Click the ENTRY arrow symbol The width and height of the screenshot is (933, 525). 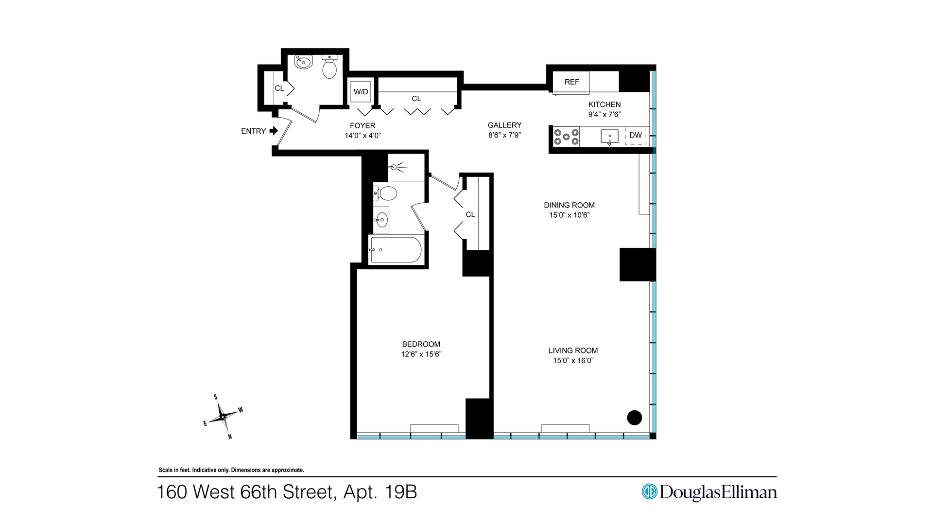(274, 131)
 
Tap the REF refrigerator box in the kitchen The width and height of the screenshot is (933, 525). (571, 82)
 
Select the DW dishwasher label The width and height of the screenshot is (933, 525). (636, 135)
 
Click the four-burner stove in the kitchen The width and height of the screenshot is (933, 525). (567, 137)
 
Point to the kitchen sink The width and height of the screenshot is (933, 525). (609, 136)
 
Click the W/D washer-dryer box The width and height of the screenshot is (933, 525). (361, 92)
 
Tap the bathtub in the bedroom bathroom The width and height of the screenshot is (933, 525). (395, 250)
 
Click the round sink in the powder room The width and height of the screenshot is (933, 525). (304, 62)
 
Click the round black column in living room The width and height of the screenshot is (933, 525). (634, 417)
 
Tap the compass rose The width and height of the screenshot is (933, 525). (223, 417)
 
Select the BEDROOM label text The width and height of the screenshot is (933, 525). (421, 344)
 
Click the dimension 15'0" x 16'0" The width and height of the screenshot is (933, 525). (573, 361)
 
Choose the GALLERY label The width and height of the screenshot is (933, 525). (504, 125)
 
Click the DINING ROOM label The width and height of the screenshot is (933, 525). (569, 205)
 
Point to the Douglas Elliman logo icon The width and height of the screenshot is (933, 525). (649, 491)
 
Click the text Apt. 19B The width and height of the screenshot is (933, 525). (380, 492)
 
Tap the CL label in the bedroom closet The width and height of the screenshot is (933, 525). (470, 214)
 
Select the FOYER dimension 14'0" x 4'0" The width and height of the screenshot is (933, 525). (363, 136)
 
